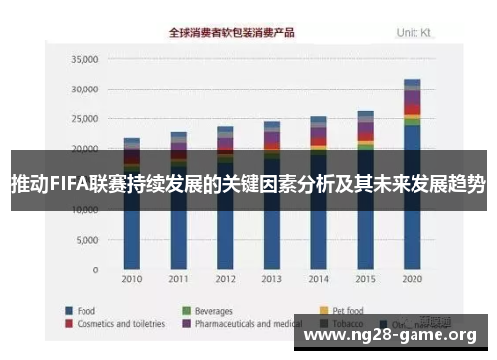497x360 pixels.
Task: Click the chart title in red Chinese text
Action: click(x=232, y=33)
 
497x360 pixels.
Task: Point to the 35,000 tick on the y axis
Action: click(x=84, y=59)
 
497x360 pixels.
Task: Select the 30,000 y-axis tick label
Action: click(x=84, y=90)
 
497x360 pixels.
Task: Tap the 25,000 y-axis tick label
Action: click(x=84, y=119)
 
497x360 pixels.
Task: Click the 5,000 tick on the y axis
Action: click(x=87, y=241)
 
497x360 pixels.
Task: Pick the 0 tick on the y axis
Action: click(x=96, y=270)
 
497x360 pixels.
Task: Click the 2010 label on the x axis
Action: click(x=132, y=280)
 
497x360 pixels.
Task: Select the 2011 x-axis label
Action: click(x=179, y=280)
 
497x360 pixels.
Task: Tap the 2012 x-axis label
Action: click(x=226, y=280)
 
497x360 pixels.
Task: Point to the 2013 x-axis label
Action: click(x=272, y=280)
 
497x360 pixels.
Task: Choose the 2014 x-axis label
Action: click(x=319, y=280)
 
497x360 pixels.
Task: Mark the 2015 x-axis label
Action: click(x=366, y=280)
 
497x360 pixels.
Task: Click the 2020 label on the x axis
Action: click(x=413, y=280)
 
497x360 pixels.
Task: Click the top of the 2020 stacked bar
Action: click(x=413, y=80)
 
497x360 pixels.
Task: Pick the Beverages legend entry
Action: click(x=213, y=309)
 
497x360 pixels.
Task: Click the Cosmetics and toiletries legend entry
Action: click(x=120, y=323)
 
